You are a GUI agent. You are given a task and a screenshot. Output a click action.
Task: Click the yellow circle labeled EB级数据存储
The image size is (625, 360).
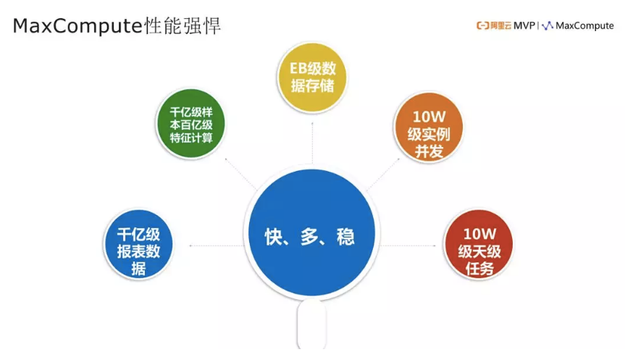[313, 78]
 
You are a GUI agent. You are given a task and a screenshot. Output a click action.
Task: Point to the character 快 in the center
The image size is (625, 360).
[273, 236]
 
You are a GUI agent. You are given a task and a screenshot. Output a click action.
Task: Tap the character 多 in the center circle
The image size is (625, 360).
[309, 236]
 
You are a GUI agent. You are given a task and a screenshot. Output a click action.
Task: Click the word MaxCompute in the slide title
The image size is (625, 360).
[76, 27]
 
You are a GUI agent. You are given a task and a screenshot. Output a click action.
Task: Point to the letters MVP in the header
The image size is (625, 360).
[524, 25]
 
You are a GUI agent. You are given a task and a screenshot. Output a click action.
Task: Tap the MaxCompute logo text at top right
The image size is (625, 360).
[584, 25]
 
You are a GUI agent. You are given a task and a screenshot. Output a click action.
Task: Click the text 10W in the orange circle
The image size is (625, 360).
[427, 116]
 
